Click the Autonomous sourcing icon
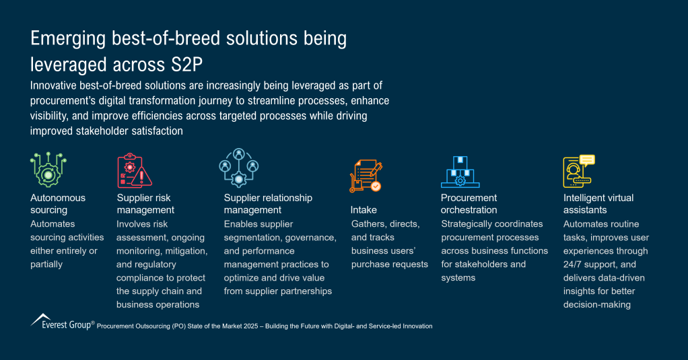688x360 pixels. [48, 170]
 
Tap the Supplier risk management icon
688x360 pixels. [135, 170]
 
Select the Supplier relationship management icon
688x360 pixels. [239, 168]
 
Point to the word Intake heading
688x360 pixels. [364, 210]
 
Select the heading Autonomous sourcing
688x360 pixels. [58, 204]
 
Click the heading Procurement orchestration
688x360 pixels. [469, 204]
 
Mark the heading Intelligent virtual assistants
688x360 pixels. [598, 204]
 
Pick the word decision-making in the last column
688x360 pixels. [596, 305]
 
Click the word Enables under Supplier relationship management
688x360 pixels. [241, 224]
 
